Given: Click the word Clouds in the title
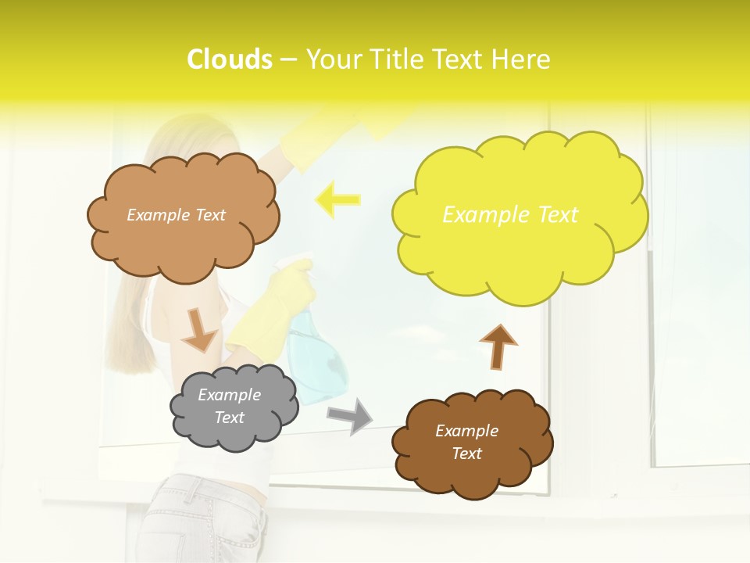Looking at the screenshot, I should (x=230, y=59).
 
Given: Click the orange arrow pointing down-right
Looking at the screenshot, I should (x=199, y=331).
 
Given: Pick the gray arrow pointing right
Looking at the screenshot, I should (x=349, y=415).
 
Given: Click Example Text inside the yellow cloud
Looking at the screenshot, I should (x=510, y=215).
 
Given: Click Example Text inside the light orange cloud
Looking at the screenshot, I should (x=177, y=215).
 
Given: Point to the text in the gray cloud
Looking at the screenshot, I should (x=230, y=406).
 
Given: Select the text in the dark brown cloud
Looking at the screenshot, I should (x=467, y=442).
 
